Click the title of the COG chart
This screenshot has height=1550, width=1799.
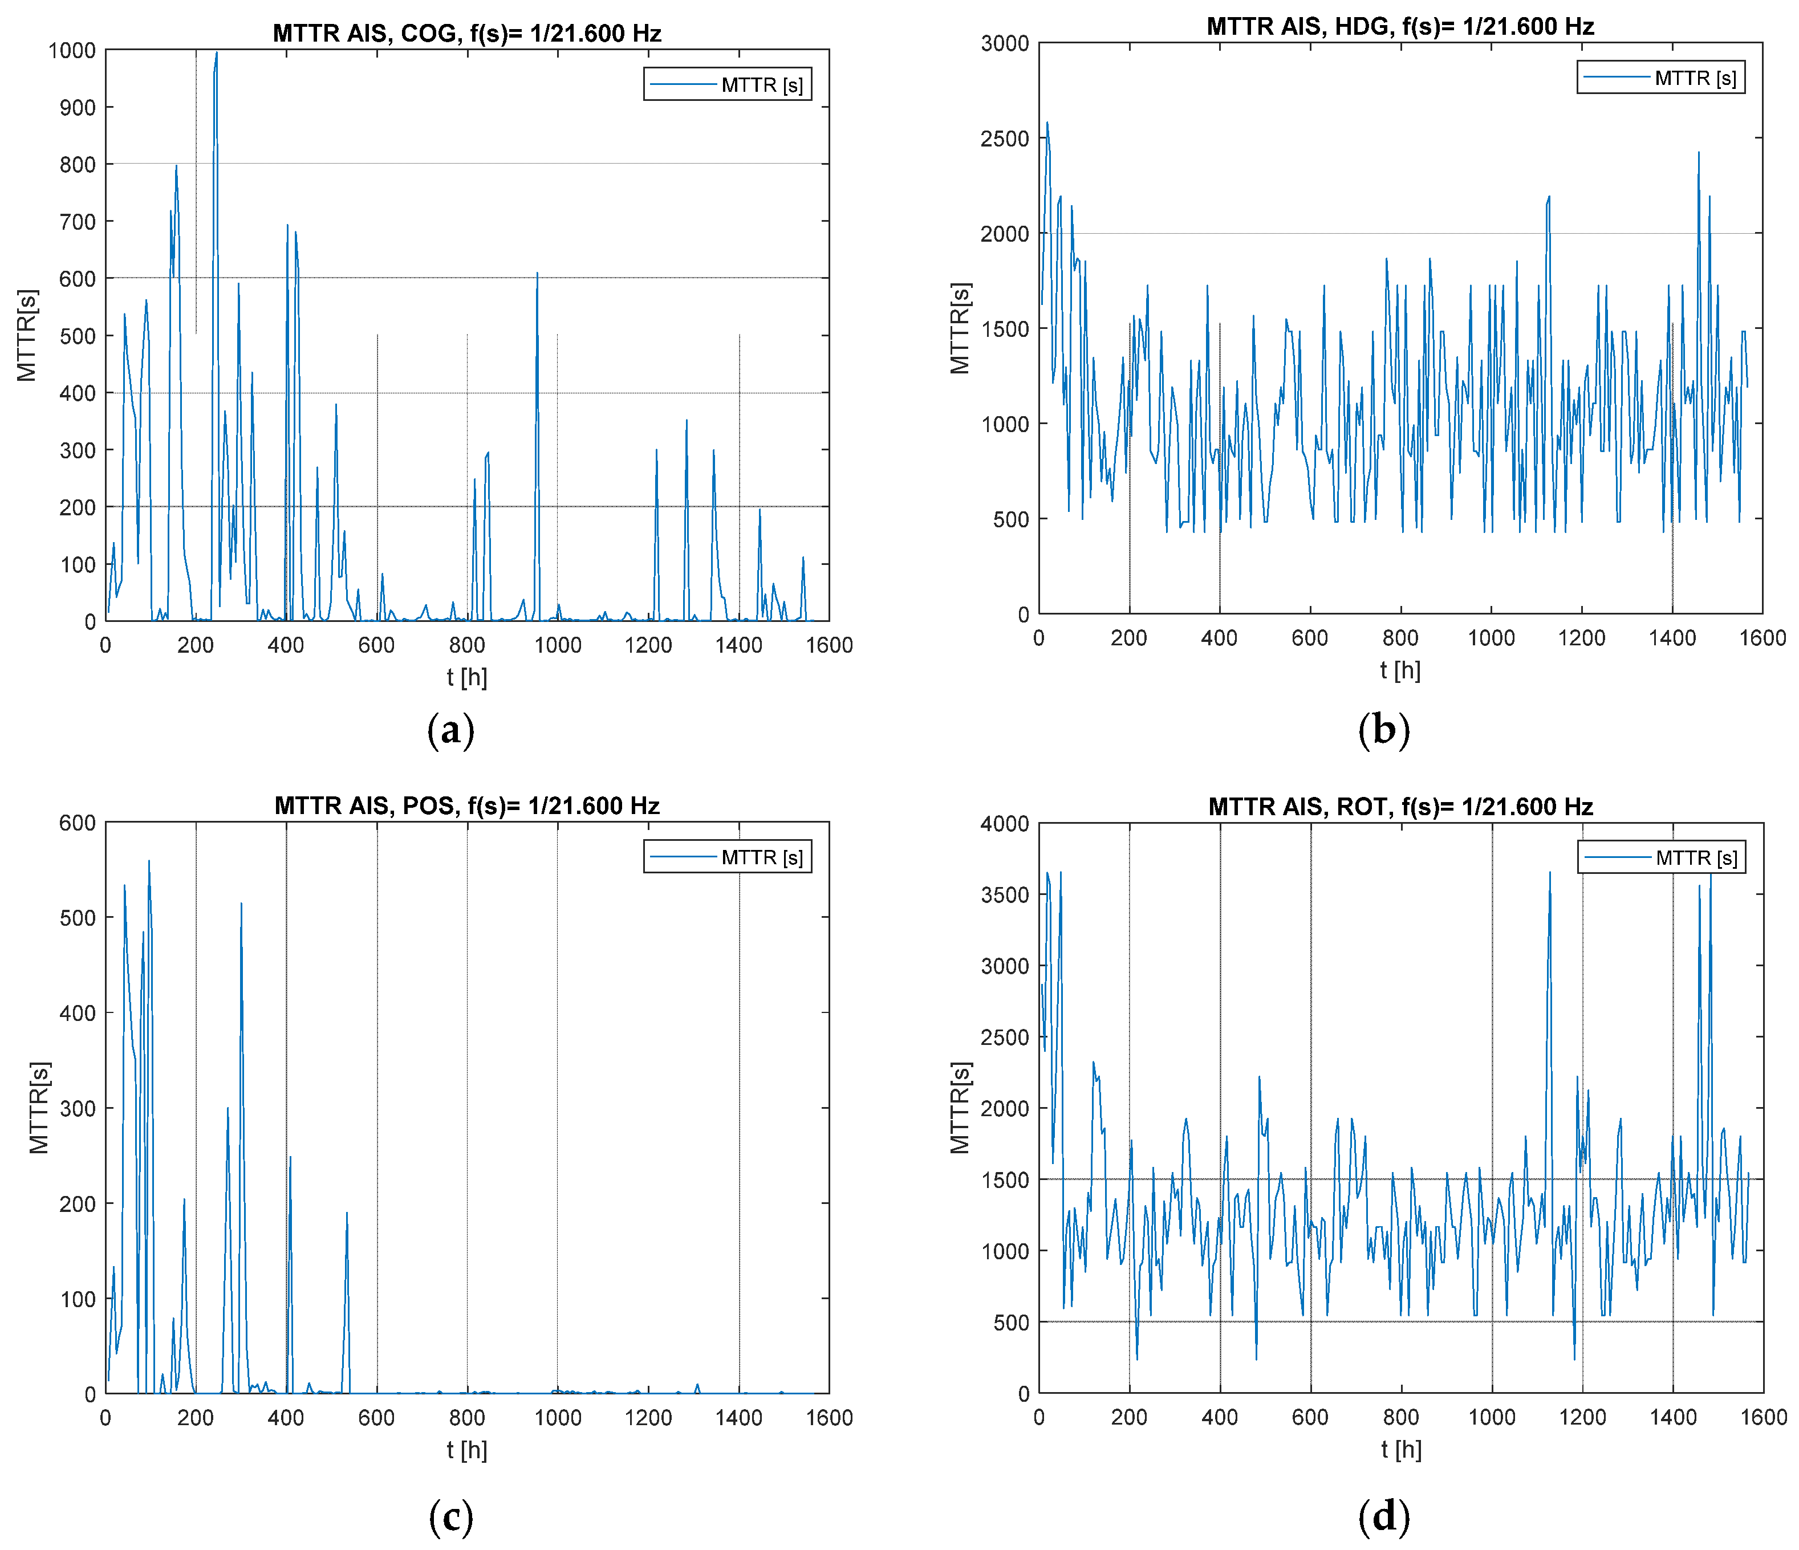[x=466, y=33]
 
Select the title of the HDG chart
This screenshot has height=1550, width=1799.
[x=1400, y=26]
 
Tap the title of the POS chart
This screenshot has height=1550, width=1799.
[x=466, y=805]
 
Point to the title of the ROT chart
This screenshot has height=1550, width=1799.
[x=1400, y=806]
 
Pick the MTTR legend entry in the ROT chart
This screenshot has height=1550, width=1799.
[x=1696, y=857]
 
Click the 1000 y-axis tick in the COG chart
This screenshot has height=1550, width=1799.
[x=72, y=50]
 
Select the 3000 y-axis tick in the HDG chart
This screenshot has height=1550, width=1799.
[x=1005, y=43]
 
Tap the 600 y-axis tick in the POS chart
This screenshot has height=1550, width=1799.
[x=78, y=823]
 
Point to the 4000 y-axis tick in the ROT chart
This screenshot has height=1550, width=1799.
[x=1005, y=824]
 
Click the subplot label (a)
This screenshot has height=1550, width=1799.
[x=450, y=730]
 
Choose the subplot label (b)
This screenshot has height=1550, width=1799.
[x=1383, y=730]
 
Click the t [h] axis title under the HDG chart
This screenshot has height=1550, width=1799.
[x=1400, y=670]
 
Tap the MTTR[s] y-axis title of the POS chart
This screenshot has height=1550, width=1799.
[x=39, y=1108]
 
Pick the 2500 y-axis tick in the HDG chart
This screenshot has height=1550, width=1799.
[x=1005, y=138]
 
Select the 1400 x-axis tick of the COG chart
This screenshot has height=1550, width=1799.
[x=739, y=645]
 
